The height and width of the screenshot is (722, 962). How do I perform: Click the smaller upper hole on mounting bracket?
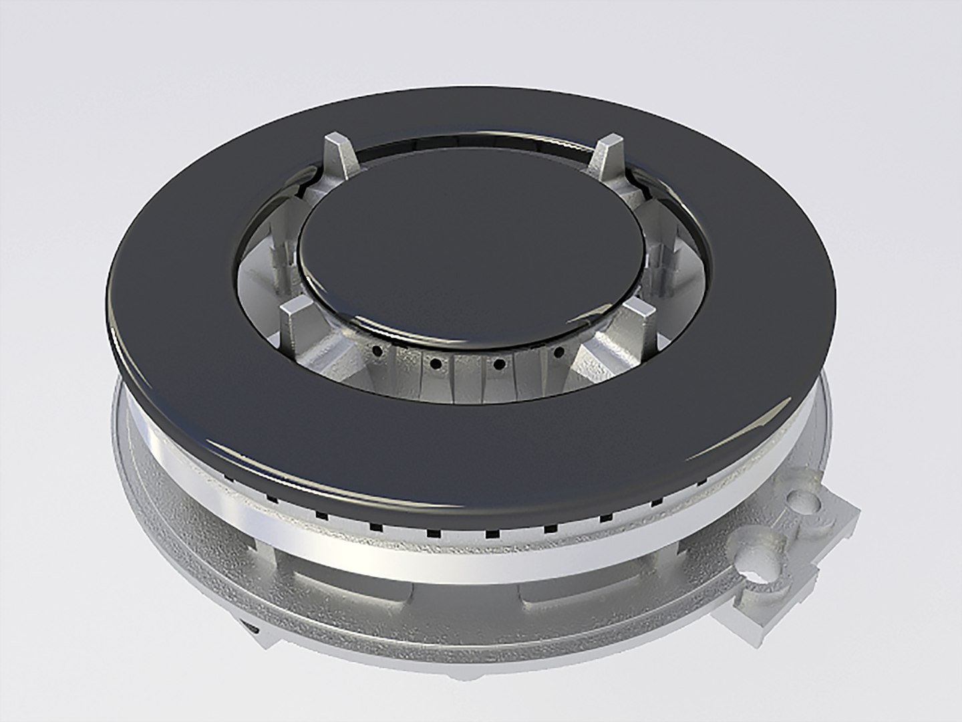(x=802, y=499)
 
